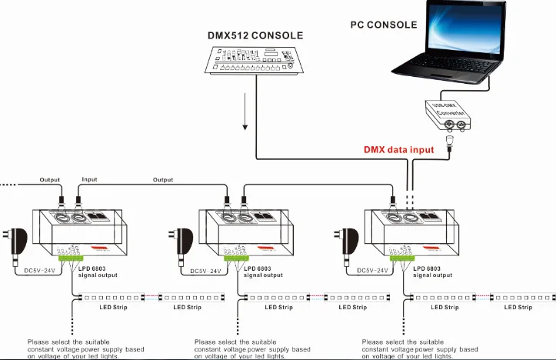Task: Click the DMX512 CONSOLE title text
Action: (x=255, y=35)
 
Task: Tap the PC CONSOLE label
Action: (x=384, y=25)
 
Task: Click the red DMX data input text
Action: (x=398, y=149)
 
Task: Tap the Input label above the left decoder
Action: (x=90, y=180)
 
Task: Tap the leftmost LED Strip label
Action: (x=113, y=307)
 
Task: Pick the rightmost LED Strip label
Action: (x=518, y=307)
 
